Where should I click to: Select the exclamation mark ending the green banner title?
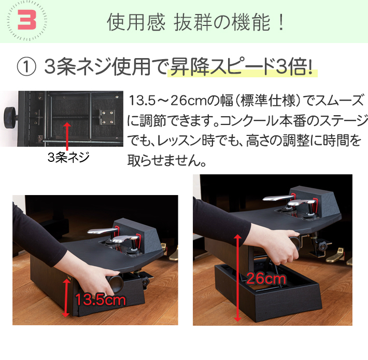pyautogui.click(x=280, y=23)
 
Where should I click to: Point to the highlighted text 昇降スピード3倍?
pyautogui.click(x=243, y=67)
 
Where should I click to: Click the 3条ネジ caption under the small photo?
pyautogui.click(x=67, y=156)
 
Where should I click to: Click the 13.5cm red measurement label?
pyautogui.click(x=101, y=299)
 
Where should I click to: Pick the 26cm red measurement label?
pyautogui.click(x=266, y=279)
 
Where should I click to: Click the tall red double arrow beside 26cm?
pyautogui.click(x=237, y=278)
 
